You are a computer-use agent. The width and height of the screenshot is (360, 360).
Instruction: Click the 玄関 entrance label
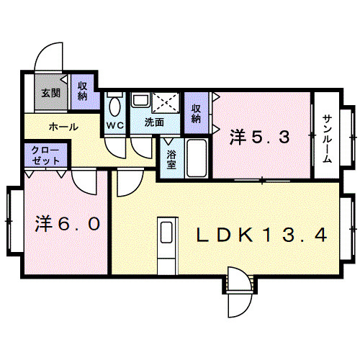pyautogui.click(x=51, y=93)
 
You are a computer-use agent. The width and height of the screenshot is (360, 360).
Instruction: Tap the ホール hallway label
pyautogui.click(x=63, y=127)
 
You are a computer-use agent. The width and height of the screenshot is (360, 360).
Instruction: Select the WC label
pyautogui.click(x=115, y=125)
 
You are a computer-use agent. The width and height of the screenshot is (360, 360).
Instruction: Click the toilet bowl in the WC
pyautogui.click(x=114, y=107)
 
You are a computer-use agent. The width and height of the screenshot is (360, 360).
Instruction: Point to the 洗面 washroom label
pyautogui.click(x=154, y=122)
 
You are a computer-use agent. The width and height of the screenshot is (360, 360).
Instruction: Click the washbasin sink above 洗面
pyautogui.click(x=140, y=100)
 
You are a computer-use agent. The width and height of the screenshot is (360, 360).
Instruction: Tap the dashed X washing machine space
pyautogui.click(x=166, y=102)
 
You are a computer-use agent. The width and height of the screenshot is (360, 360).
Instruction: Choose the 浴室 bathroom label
pyautogui.click(x=171, y=159)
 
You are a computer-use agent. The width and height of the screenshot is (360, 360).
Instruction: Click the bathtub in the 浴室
pyautogui.click(x=197, y=158)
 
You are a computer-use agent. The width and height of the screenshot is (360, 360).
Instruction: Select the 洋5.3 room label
pyautogui.click(x=259, y=137)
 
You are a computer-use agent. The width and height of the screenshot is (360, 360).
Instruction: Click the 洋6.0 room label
pyautogui.click(x=68, y=223)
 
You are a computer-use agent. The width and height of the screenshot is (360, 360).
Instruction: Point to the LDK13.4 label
pyautogui.click(x=262, y=235)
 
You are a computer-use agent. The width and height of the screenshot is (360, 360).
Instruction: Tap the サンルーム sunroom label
pyautogui.click(x=327, y=139)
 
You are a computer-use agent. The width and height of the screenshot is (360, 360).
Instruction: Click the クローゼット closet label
pyautogui.click(x=45, y=156)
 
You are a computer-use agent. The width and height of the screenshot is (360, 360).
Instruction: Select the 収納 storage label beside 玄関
pyautogui.click(x=82, y=91)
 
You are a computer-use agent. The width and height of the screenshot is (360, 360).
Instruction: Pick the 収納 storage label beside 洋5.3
pyautogui.click(x=196, y=114)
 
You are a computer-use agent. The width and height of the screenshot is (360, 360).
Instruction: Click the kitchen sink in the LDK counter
pyautogui.click(x=166, y=232)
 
